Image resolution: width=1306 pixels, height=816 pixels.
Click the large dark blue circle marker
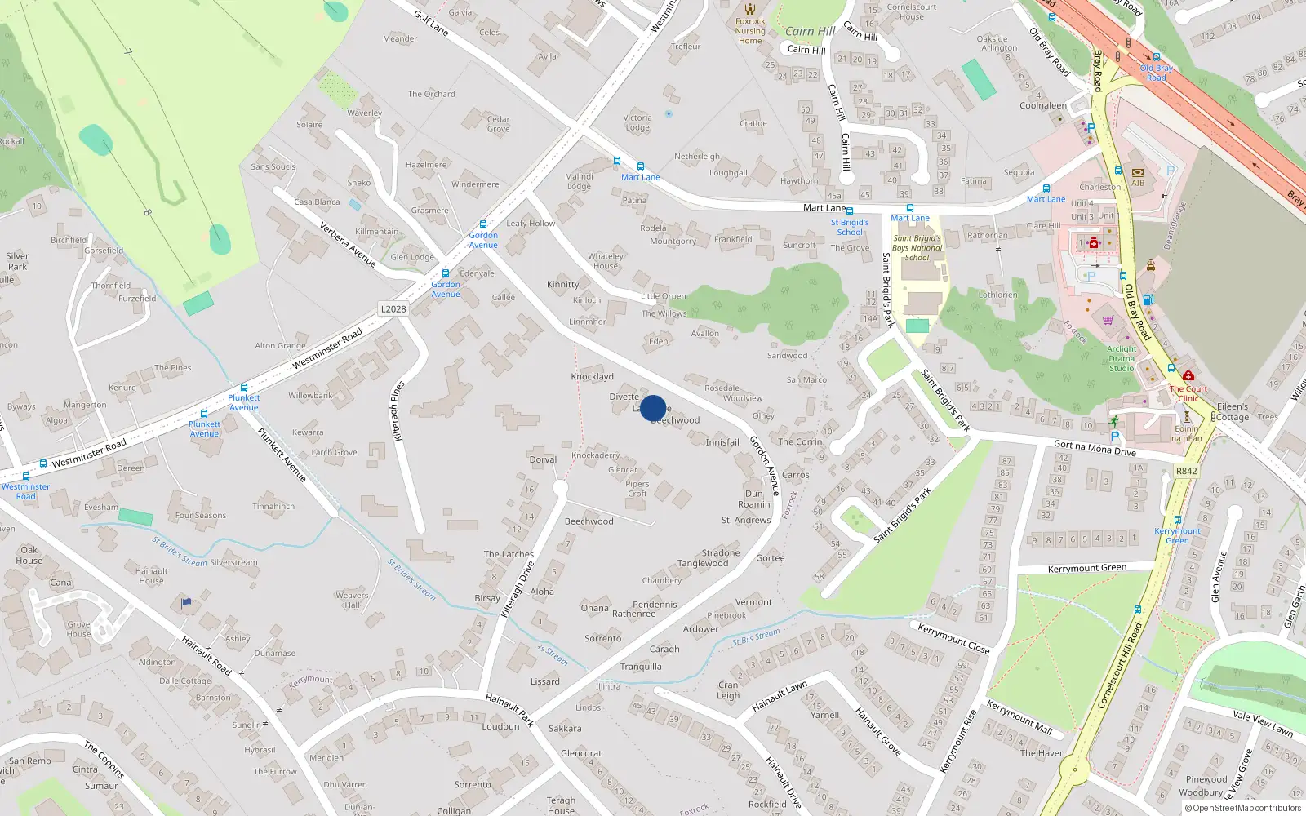(653, 408)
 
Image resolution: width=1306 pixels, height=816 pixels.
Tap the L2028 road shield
(393, 309)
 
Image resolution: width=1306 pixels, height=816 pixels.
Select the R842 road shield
(1186, 471)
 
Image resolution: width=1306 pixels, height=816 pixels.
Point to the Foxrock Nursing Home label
(750, 31)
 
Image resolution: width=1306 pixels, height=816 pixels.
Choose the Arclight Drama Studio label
(1122, 358)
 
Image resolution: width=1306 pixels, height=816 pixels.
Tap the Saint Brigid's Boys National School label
(917, 248)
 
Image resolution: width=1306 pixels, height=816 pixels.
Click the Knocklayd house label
(592, 377)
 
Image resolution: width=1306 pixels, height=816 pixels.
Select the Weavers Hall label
(352, 600)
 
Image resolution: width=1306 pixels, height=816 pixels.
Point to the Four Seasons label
(201, 516)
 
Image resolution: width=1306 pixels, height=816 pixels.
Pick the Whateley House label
(606, 261)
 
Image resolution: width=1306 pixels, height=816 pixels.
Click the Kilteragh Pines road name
(398, 411)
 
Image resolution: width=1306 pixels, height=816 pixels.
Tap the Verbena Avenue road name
(348, 245)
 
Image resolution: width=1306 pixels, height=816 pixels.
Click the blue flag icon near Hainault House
(186, 603)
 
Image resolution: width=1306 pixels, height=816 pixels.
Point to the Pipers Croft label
(637, 489)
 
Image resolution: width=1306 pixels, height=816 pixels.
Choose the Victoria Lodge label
(637, 122)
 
